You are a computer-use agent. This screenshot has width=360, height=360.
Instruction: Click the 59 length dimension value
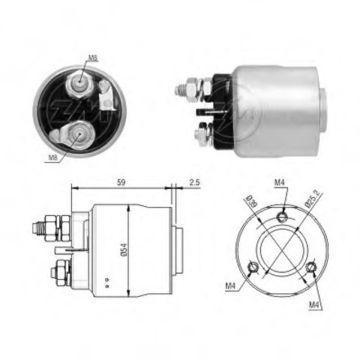[121, 182]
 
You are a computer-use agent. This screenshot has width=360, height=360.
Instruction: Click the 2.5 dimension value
[194, 182]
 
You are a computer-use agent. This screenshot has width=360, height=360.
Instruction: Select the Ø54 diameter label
[124, 250]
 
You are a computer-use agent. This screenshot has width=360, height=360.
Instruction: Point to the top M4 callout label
[280, 183]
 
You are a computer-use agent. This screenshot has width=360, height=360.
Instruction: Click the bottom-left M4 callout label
[230, 286]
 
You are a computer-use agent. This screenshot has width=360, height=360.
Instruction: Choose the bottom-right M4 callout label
[314, 304]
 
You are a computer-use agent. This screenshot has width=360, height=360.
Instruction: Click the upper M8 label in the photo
[93, 58]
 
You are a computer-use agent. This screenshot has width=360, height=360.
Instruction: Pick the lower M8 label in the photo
[53, 157]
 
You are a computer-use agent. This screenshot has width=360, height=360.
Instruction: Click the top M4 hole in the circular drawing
[282, 216]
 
